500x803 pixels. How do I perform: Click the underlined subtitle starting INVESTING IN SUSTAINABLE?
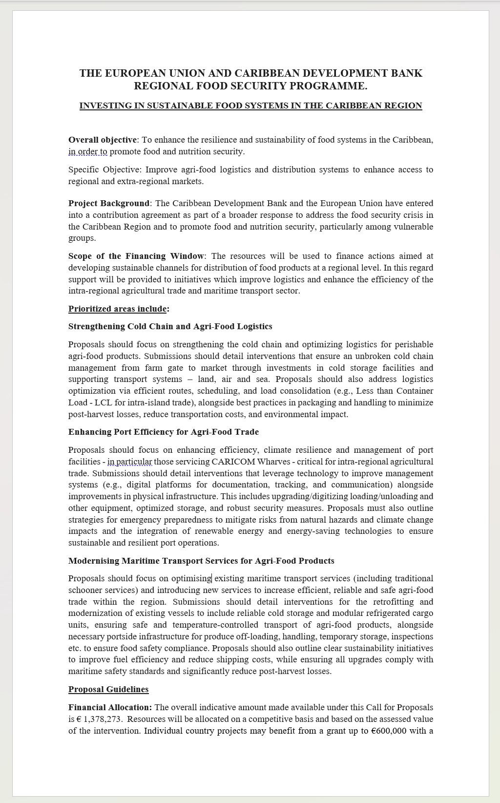point(250,106)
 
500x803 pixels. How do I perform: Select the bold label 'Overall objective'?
point(103,140)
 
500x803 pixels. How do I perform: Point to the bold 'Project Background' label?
point(109,203)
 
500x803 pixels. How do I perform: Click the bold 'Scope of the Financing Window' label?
point(136,256)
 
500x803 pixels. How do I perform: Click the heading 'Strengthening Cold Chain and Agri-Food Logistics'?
point(170,326)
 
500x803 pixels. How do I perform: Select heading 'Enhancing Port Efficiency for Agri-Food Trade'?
point(164,432)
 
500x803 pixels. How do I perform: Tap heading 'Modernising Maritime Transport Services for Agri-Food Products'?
point(201,561)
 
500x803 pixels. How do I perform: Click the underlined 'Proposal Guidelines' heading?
point(108,689)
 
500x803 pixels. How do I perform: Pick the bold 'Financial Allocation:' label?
point(110,707)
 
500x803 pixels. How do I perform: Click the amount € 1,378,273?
point(98,719)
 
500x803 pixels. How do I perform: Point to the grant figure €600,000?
point(389,731)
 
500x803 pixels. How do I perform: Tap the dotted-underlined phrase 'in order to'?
point(88,151)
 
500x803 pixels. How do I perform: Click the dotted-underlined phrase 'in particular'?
point(130,462)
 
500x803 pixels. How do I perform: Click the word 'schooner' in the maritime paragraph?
point(85,590)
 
